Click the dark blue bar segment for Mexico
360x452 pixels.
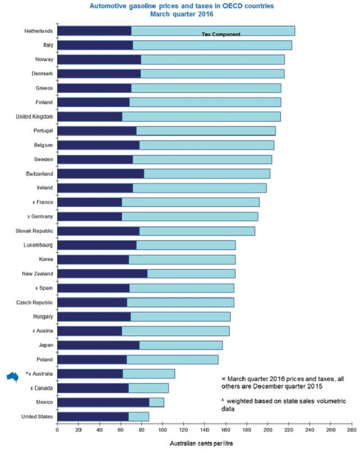coord(103,402)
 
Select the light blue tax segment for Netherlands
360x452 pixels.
coord(213,31)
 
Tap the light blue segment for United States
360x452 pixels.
coord(139,417)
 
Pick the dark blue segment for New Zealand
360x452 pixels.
coord(102,273)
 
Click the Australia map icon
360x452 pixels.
coord(13,375)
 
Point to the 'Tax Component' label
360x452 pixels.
coord(221,34)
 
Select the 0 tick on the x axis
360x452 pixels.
coord(57,430)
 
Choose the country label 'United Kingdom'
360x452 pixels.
coord(34,116)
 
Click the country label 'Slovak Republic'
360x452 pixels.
coord(34,231)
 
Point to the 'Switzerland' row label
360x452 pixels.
coord(38,174)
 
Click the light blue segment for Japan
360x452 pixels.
coord(181,345)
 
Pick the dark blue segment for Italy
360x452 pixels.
coord(95,45)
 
